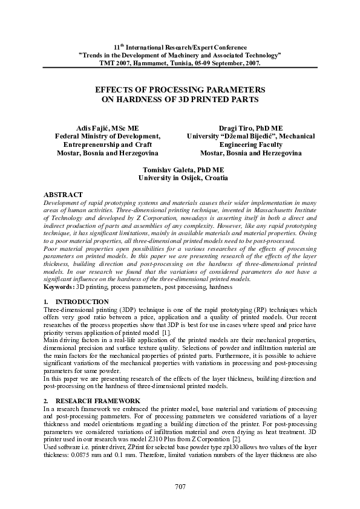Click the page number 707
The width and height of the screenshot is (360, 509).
point(180,487)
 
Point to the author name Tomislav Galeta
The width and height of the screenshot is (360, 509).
point(166,170)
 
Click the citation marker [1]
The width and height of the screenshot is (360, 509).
point(165,333)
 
